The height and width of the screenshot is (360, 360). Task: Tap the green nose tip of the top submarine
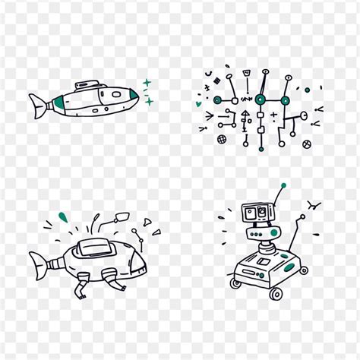(x=134, y=96)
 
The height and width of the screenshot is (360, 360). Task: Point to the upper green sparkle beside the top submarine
(x=147, y=83)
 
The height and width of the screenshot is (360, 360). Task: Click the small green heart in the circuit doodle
(x=199, y=104)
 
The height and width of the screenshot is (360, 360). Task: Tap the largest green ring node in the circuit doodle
(x=261, y=99)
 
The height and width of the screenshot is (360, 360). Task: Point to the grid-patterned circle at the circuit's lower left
(x=222, y=140)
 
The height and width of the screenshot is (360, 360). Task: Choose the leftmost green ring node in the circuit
(x=217, y=99)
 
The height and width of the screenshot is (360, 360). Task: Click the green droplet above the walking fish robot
(x=63, y=218)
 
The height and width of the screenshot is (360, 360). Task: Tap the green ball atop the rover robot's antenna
(x=283, y=185)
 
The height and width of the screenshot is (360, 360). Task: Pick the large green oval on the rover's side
(x=287, y=267)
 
